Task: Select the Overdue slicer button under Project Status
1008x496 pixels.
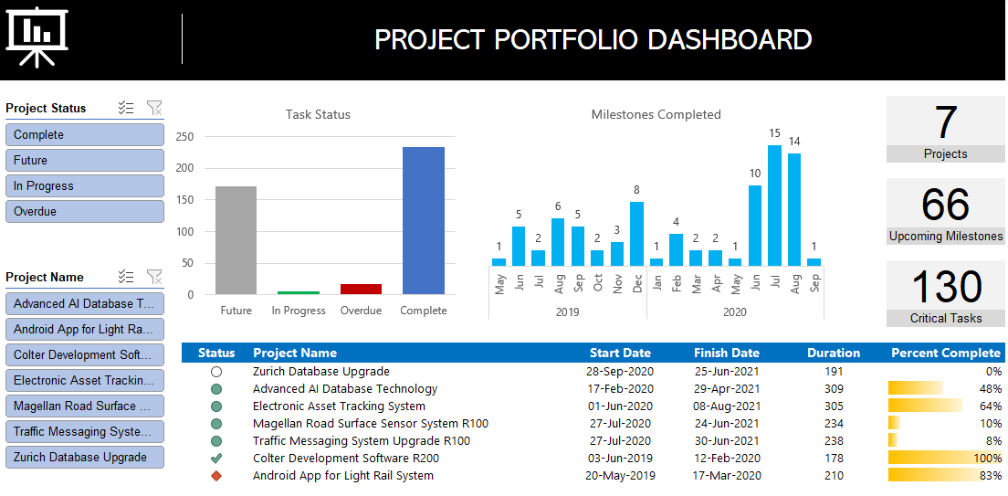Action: click(84, 211)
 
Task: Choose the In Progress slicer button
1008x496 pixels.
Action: click(84, 185)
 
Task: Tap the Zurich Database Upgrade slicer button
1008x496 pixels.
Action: click(84, 457)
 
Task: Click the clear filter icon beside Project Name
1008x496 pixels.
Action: click(154, 277)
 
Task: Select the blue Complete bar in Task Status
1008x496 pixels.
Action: click(424, 221)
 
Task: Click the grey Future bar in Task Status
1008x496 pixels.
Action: click(236, 240)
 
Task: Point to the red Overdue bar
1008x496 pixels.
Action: click(361, 289)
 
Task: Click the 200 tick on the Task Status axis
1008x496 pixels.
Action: click(184, 168)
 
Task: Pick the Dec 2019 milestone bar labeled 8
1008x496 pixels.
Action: click(636, 234)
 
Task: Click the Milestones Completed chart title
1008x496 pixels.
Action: click(656, 114)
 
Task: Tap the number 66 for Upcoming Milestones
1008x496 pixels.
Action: click(945, 205)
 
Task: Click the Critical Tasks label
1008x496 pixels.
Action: click(945, 318)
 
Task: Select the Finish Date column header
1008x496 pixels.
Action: click(726, 353)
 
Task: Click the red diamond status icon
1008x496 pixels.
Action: click(216, 476)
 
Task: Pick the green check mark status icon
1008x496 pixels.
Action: click(216, 459)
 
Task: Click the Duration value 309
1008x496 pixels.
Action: click(833, 389)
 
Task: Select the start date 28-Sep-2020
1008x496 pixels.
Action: click(620, 372)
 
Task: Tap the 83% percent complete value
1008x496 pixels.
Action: click(990, 476)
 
